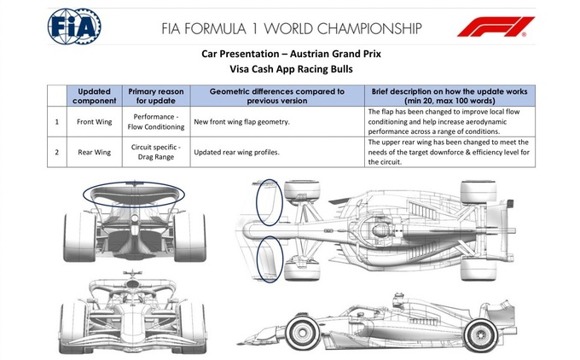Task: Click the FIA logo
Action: pyautogui.click(x=74, y=26)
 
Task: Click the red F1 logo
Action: pyautogui.click(x=496, y=26)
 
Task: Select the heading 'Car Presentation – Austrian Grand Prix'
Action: pyautogui.click(x=291, y=54)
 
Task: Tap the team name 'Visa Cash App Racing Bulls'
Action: pyautogui.click(x=291, y=69)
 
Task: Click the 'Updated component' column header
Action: pyautogui.click(x=95, y=96)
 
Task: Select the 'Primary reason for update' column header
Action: pyautogui.click(x=156, y=96)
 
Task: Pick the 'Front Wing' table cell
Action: pyautogui.click(x=95, y=122)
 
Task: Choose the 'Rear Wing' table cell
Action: pyautogui.click(x=95, y=152)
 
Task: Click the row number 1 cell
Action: pyautogui.click(x=57, y=122)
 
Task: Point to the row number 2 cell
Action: pyautogui.click(x=57, y=152)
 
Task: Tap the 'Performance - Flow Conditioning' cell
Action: pyautogui.click(x=156, y=122)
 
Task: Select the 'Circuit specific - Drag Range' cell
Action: pyautogui.click(x=156, y=152)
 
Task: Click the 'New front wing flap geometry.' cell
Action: pyautogui.click(x=277, y=122)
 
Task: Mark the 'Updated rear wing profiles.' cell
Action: pyautogui.click(x=277, y=152)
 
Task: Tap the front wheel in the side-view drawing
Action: pyautogui.click(x=303, y=332)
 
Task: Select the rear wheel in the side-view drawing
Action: pyautogui.click(x=481, y=335)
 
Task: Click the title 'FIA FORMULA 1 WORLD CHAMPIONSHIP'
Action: pyautogui.click(x=291, y=28)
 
